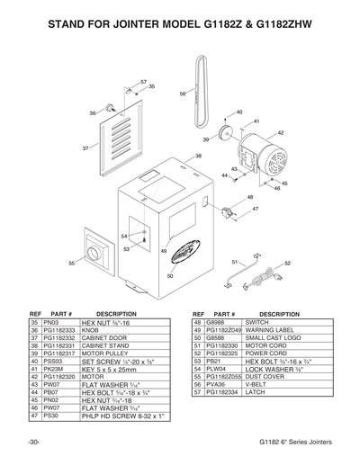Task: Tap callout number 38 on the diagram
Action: (198, 156)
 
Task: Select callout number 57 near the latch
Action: (143, 82)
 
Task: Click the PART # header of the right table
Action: (221, 313)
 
